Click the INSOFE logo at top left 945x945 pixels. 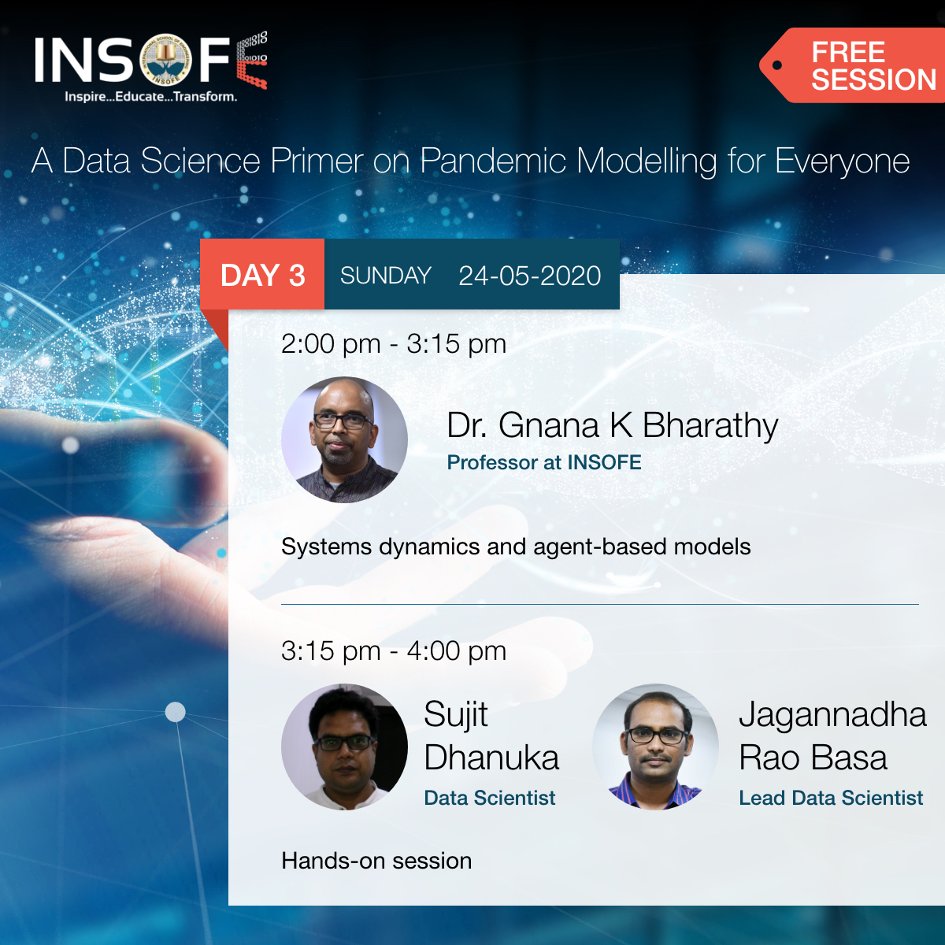150,61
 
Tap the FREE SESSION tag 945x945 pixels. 862,66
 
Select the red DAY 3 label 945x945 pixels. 262,276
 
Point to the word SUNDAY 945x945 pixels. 385,276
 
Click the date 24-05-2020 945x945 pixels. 529,276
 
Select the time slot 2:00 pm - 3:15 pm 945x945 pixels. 393,344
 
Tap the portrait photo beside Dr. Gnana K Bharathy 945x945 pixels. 344,440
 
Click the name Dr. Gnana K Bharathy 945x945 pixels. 612,425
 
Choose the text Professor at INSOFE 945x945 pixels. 543,462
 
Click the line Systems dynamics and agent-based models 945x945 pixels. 515,547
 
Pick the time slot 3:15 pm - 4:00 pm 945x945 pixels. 393,651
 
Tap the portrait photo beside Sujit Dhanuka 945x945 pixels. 344,747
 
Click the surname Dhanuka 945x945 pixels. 491,758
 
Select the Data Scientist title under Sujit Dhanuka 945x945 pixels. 489,798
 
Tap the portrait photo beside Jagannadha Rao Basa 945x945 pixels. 655,747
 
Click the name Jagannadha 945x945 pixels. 832,715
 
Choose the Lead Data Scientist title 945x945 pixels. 830,798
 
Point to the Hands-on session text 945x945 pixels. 376,861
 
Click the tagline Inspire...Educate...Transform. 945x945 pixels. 150,97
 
